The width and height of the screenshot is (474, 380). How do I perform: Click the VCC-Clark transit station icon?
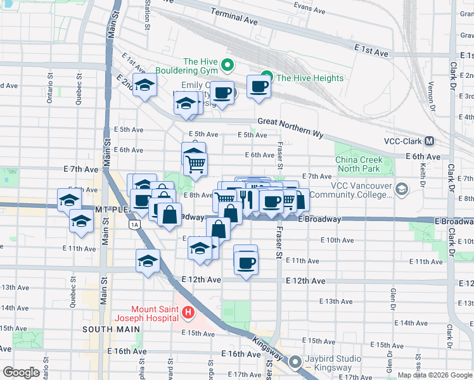430,142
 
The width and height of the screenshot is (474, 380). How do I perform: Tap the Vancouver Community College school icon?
401,189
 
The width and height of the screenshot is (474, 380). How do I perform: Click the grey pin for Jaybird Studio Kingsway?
295,362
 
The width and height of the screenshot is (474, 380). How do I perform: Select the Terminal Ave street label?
234,21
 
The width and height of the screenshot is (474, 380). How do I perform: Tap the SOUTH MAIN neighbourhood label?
106,329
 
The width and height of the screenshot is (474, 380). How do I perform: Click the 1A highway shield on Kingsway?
134,225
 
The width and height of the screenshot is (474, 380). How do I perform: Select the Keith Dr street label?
422,170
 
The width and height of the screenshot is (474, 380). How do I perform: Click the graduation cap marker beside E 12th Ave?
148,260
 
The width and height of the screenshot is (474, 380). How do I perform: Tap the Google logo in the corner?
21,372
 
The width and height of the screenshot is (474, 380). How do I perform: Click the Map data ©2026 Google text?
434,375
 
